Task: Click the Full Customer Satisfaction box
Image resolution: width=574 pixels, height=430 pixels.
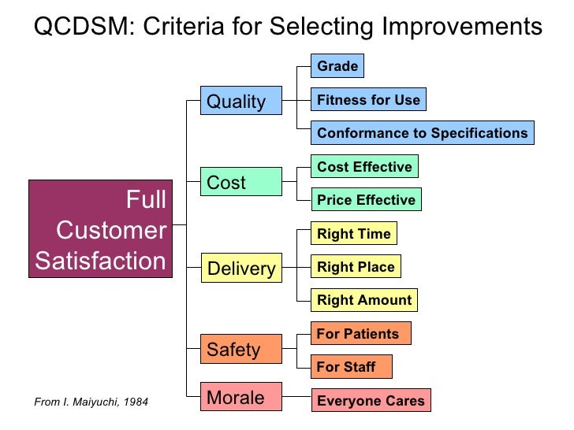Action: pyautogui.click(x=101, y=229)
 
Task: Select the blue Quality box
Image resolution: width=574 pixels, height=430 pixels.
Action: pyautogui.click(x=240, y=102)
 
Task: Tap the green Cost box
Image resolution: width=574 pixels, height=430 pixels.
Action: pyautogui.click(x=240, y=183)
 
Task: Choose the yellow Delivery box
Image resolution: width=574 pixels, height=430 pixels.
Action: pyautogui.click(x=240, y=269)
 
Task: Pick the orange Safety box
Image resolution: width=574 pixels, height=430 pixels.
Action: pyautogui.click(x=240, y=350)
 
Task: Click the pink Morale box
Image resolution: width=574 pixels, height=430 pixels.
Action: pyautogui.click(x=240, y=398)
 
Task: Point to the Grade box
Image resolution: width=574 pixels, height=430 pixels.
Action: pyautogui.click(x=337, y=66)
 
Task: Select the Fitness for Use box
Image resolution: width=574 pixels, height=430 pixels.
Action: pyautogui.click(x=368, y=100)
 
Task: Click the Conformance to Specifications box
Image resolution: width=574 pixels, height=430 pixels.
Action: pyautogui.click(x=422, y=133)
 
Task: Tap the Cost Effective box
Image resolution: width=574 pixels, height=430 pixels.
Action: pyautogui.click(x=364, y=167)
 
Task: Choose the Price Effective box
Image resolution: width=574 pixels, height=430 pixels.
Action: pyautogui.click(x=366, y=200)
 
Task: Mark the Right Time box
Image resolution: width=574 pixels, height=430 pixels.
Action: pyautogui.click(x=353, y=234)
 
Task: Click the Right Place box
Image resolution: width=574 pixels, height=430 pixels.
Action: pyautogui.click(x=356, y=267)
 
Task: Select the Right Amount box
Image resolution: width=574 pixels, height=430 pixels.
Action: pyautogui.click(x=363, y=300)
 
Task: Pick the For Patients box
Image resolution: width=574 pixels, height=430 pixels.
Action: pyautogui.click(x=360, y=334)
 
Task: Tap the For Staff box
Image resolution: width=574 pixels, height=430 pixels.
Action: pyautogui.click(x=351, y=367)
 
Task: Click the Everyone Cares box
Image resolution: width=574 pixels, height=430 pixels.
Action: pyautogui.click(x=371, y=401)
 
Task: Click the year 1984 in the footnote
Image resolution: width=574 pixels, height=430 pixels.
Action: pyautogui.click(x=133, y=403)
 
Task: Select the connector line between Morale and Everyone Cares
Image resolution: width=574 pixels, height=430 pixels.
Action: pyautogui.click(x=296, y=398)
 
